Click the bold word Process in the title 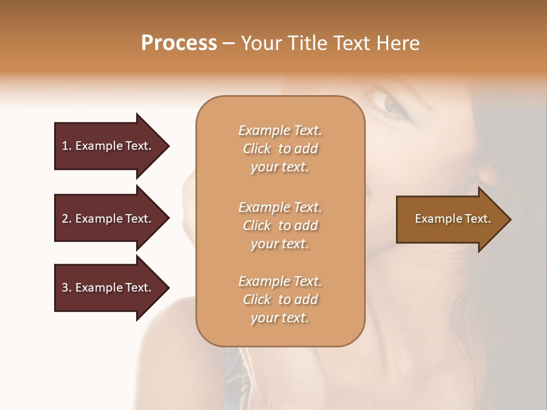pos(179,43)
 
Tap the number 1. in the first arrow pos(67,146)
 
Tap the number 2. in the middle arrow pos(67,219)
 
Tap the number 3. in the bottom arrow pos(67,288)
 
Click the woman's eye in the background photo pos(392,104)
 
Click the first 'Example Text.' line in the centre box pos(280,130)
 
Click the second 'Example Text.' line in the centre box pos(280,207)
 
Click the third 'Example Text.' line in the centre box pos(280,281)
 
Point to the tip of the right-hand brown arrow pos(510,219)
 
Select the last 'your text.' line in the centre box pos(280,318)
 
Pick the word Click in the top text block pos(257,149)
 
